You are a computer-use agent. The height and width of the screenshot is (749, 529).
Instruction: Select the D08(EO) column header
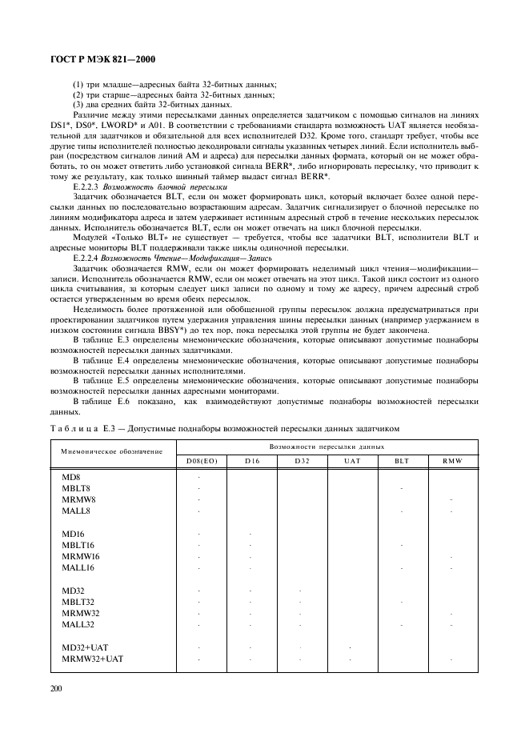202,461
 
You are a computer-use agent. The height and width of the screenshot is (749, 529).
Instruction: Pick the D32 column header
302,461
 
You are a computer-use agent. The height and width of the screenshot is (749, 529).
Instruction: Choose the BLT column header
402,461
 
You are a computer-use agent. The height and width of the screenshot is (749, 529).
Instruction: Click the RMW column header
451,461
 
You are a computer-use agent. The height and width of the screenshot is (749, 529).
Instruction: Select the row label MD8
71,477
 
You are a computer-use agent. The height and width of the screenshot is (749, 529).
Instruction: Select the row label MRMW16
81,556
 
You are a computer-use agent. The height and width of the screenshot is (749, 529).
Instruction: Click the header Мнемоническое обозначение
111,453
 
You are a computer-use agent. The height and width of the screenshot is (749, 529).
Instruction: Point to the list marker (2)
78,94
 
